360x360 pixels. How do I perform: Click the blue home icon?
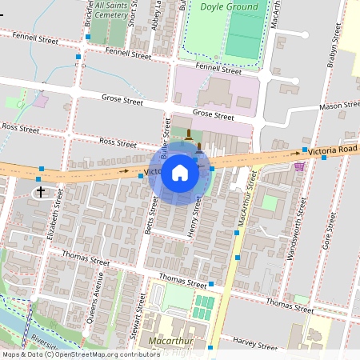point(180,172)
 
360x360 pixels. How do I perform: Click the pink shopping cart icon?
point(299,166)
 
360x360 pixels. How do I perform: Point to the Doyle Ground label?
point(230,7)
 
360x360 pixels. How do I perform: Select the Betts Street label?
point(151,216)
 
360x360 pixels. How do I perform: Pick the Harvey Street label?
point(255,342)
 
